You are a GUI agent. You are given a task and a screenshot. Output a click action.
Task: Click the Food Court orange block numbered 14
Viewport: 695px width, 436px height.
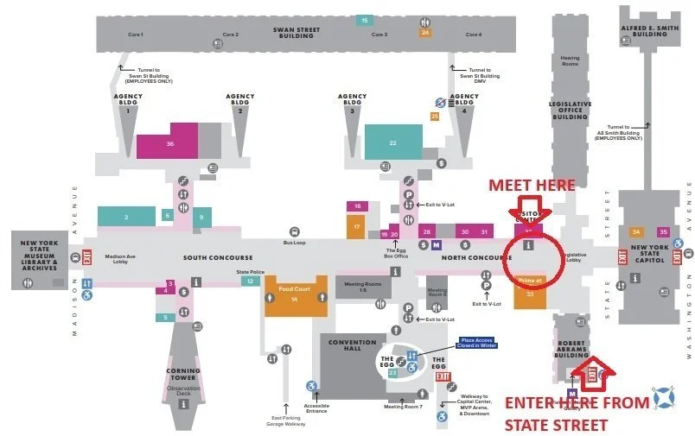pos(296,295)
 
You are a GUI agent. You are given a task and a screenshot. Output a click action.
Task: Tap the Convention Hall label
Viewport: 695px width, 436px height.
pos(352,345)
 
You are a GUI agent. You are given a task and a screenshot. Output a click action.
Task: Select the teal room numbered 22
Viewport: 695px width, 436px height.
pos(393,142)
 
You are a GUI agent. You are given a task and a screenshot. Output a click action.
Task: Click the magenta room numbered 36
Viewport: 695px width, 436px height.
pos(170,143)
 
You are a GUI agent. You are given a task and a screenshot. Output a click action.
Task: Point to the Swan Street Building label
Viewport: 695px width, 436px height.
pos(296,33)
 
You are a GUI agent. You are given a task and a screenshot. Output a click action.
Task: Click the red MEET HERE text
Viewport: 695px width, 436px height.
pos(532,185)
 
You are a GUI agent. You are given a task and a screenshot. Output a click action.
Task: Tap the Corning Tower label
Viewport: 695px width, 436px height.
pos(183,373)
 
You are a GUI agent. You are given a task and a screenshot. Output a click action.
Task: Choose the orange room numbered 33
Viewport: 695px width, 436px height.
pos(531,294)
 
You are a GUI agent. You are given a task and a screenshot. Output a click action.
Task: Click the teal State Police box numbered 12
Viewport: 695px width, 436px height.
pos(250,281)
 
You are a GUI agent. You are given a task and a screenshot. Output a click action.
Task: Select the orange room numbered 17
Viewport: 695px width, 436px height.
pos(356,227)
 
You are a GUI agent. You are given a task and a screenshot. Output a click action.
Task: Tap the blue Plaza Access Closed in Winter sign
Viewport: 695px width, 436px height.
pos(476,344)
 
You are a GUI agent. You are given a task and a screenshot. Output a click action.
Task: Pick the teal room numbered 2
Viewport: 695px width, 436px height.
pos(125,217)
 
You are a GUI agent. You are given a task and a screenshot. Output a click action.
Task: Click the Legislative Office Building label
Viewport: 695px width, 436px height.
pos(571,110)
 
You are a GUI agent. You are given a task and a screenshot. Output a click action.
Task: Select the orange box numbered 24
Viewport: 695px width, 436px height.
pos(424,33)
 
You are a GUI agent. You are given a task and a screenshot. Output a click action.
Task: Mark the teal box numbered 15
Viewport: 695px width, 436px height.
pos(365,20)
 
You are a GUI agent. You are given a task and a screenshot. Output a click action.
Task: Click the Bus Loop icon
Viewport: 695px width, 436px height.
pos(294,231)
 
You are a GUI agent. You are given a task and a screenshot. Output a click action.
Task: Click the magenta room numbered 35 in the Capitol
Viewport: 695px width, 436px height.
pos(663,231)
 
